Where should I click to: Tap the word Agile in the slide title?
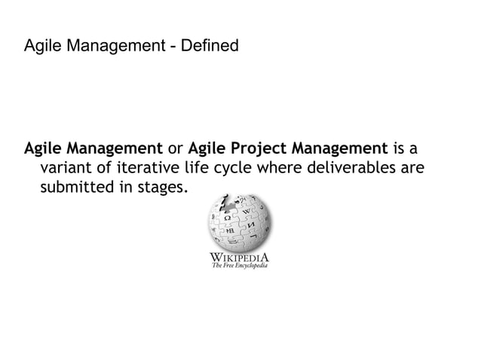pos(42,47)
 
